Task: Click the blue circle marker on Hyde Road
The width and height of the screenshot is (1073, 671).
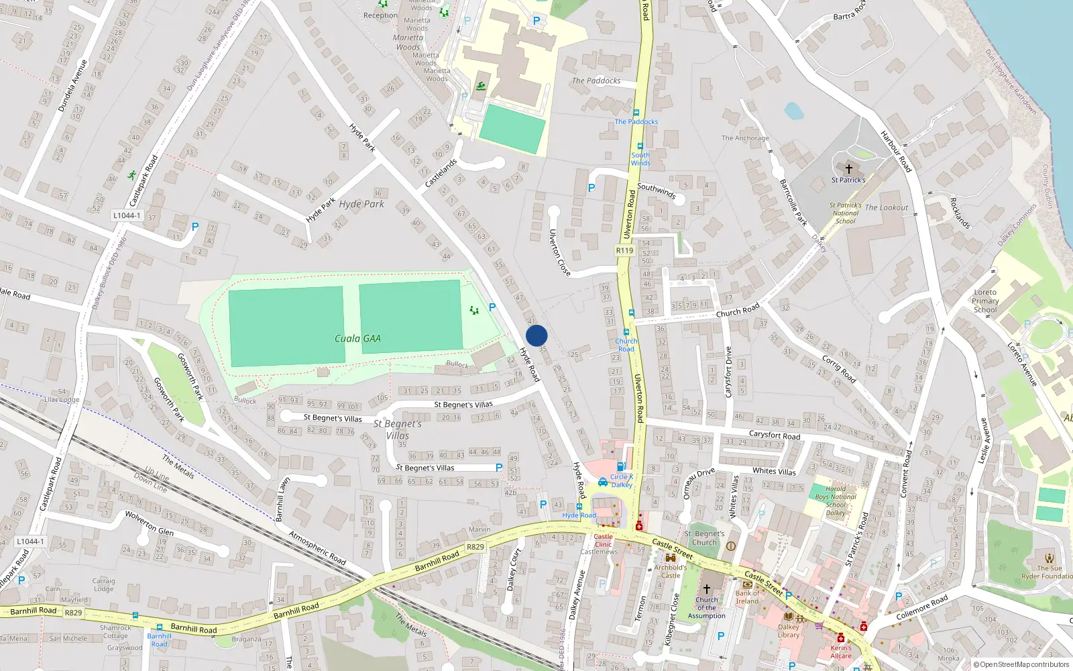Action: point(536,335)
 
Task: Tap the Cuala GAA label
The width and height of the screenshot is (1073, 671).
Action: point(357,339)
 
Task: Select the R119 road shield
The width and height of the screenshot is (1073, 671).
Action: point(624,250)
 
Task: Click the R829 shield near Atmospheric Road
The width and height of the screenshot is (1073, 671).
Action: point(475,547)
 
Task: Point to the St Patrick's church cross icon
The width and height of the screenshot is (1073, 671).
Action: point(848,169)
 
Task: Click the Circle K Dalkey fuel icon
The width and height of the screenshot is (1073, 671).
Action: point(622,467)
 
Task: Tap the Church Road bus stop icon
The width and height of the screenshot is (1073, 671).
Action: point(626,332)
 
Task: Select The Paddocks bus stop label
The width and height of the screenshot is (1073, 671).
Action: point(636,122)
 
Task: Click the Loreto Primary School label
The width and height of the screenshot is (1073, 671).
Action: point(985,301)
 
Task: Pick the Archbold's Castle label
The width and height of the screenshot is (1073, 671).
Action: point(671,571)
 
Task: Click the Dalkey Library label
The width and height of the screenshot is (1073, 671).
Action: point(789,631)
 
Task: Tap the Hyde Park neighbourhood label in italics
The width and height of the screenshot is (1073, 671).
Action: point(361,204)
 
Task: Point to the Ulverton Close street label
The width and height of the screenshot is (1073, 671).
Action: point(559,253)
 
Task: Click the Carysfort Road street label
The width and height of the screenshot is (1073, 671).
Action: point(774,435)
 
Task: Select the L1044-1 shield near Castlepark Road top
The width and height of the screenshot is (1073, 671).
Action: point(127,215)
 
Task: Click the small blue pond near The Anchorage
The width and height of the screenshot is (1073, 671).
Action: point(793,111)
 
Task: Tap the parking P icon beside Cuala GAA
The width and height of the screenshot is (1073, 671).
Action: point(492,307)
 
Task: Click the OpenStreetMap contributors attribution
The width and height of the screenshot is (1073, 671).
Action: point(1021,664)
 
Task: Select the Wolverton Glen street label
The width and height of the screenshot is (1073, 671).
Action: point(149,523)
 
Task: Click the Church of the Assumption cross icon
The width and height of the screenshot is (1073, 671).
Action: point(706,588)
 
